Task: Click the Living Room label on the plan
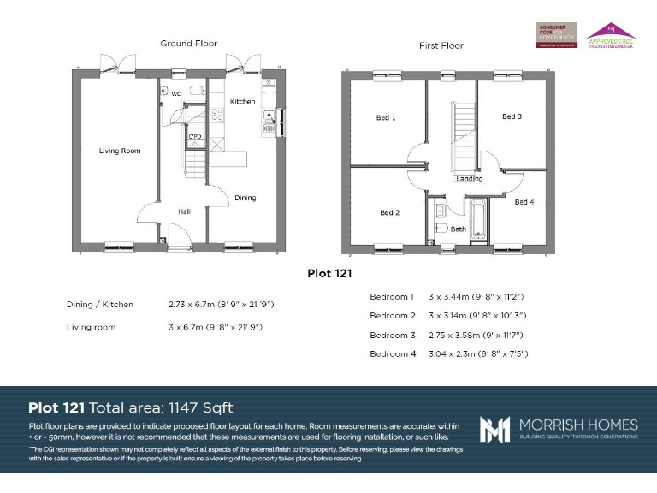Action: [x=120, y=151]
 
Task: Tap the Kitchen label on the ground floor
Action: [x=242, y=102]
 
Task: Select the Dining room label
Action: [x=246, y=198]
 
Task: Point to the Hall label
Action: [x=184, y=211]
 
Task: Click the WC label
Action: [x=175, y=93]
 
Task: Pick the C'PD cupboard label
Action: [x=195, y=136]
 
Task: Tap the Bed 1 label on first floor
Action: [x=386, y=117]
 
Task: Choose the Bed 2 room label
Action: [x=389, y=212]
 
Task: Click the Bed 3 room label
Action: [x=512, y=116]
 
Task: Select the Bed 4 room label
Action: [x=524, y=202]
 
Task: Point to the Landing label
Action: [x=469, y=179]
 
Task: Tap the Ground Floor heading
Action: [x=188, y=43]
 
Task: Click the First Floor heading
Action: [x=441, y=45]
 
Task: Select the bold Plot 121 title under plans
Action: [x=329, y=274]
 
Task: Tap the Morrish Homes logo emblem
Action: [x=494, y=429]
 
